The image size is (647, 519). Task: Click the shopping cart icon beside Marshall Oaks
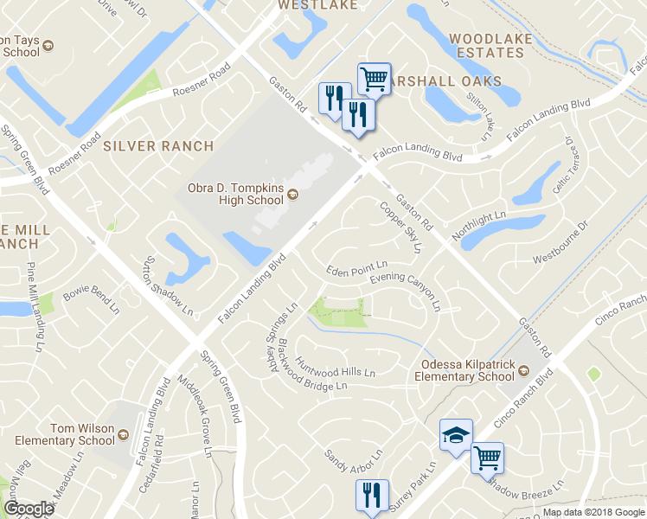click(374, 79)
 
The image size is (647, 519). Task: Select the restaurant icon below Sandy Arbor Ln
click(372, 496)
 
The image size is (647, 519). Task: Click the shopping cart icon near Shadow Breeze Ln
click(487, 457)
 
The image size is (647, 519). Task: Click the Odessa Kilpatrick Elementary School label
click(464, 370)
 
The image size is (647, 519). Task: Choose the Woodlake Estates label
click(487, 45)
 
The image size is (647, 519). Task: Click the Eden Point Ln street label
click(356, 269)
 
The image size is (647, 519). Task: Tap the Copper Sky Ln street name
click(400, 227)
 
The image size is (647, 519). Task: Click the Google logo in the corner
click(29, 509)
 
